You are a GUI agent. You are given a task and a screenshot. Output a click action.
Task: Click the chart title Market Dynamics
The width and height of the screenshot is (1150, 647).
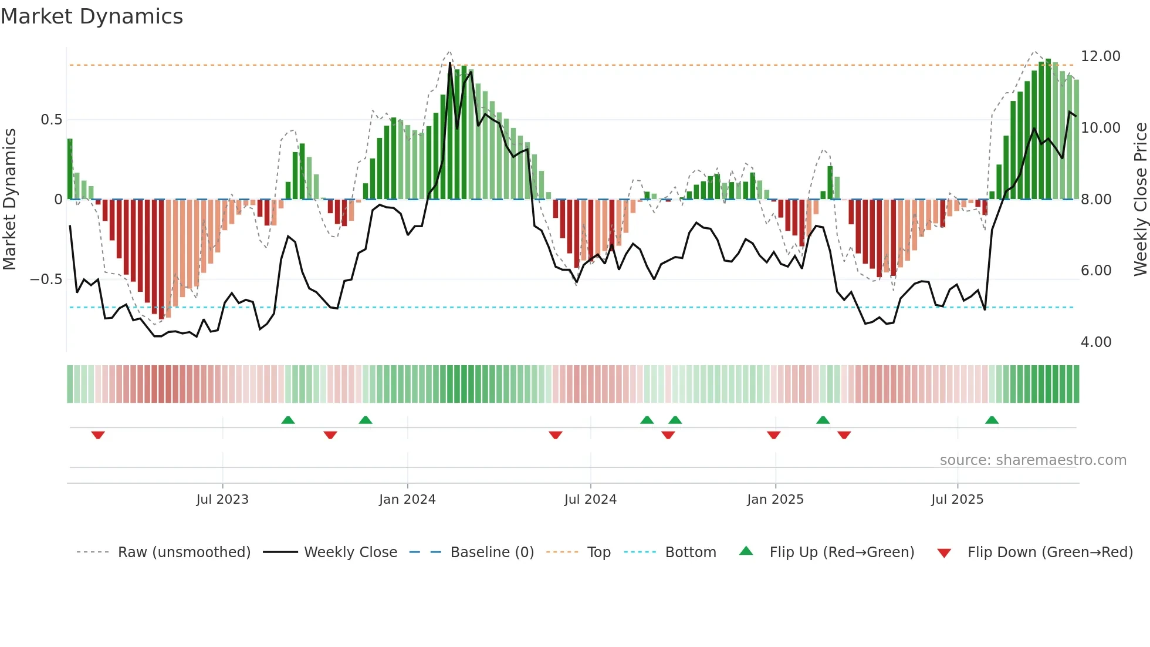[x=92, y=16]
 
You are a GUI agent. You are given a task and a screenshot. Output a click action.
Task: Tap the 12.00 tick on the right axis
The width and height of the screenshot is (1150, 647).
[x=1100, y=56]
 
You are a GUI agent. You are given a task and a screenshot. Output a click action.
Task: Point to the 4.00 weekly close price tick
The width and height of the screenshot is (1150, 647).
[x=1095, y=342]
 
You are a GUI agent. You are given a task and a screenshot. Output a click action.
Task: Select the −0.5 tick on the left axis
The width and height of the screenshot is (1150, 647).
[x=46, y=279]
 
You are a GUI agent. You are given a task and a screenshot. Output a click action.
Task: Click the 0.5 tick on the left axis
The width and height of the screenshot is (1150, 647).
[x=51, y=120]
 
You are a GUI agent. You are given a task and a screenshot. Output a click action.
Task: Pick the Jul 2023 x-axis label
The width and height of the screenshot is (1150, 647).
[x=222, y=500]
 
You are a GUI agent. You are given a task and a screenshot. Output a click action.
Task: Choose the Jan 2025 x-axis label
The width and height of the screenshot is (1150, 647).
[x=775, y=500]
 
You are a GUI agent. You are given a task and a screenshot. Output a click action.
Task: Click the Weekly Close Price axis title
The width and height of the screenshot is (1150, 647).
[x=1140, y=200]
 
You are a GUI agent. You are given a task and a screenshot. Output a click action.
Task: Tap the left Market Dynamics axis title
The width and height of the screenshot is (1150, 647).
[x=9, y=200]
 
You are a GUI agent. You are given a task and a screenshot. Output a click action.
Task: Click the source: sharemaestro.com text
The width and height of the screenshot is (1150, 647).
[x=1033, y=460]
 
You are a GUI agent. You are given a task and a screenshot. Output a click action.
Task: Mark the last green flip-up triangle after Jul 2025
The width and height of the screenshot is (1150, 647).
[x=992, y=420]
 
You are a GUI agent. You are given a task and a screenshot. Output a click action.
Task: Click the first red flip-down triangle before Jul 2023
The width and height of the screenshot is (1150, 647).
[x=98, y=435]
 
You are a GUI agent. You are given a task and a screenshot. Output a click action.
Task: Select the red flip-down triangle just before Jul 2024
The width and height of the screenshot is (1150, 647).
[x=556, y=435]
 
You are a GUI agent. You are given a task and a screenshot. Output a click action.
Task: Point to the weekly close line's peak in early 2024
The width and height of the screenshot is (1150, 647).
[x=451, y=63]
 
